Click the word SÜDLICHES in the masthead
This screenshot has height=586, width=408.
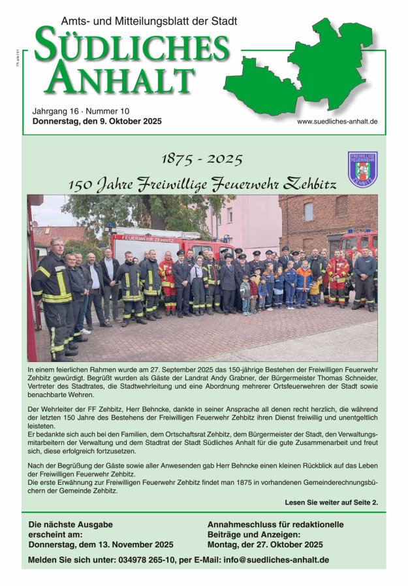[x=133, y=48]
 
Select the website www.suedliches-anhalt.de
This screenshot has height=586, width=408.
[x=337, y=122]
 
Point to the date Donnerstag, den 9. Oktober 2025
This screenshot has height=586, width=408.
[x=97, y=122]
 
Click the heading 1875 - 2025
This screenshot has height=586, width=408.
[x=202, y=159]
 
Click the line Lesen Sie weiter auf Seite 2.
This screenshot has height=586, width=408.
[x=331, y=502]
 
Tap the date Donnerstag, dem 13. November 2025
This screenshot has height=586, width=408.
[x=101, y=544]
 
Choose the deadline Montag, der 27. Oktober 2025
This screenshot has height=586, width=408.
[x=265, y=544]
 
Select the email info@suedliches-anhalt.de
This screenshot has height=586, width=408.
[x=275, y=560]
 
